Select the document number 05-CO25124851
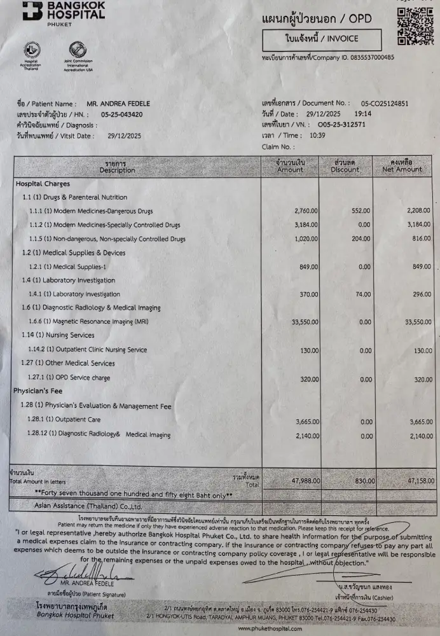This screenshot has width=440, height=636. click(385, 103)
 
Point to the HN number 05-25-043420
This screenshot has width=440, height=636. click(121, 114)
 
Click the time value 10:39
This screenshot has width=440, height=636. click(317, 135)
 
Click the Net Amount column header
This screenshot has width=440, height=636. click(402, 166)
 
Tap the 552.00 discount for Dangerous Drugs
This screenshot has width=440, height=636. click(360, 211)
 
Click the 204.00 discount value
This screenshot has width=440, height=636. click(360, 238)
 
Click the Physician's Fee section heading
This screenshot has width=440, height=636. click(39, 392)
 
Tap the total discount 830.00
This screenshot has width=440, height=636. click(360, 481)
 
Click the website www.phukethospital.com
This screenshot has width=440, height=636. click(271, 628)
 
